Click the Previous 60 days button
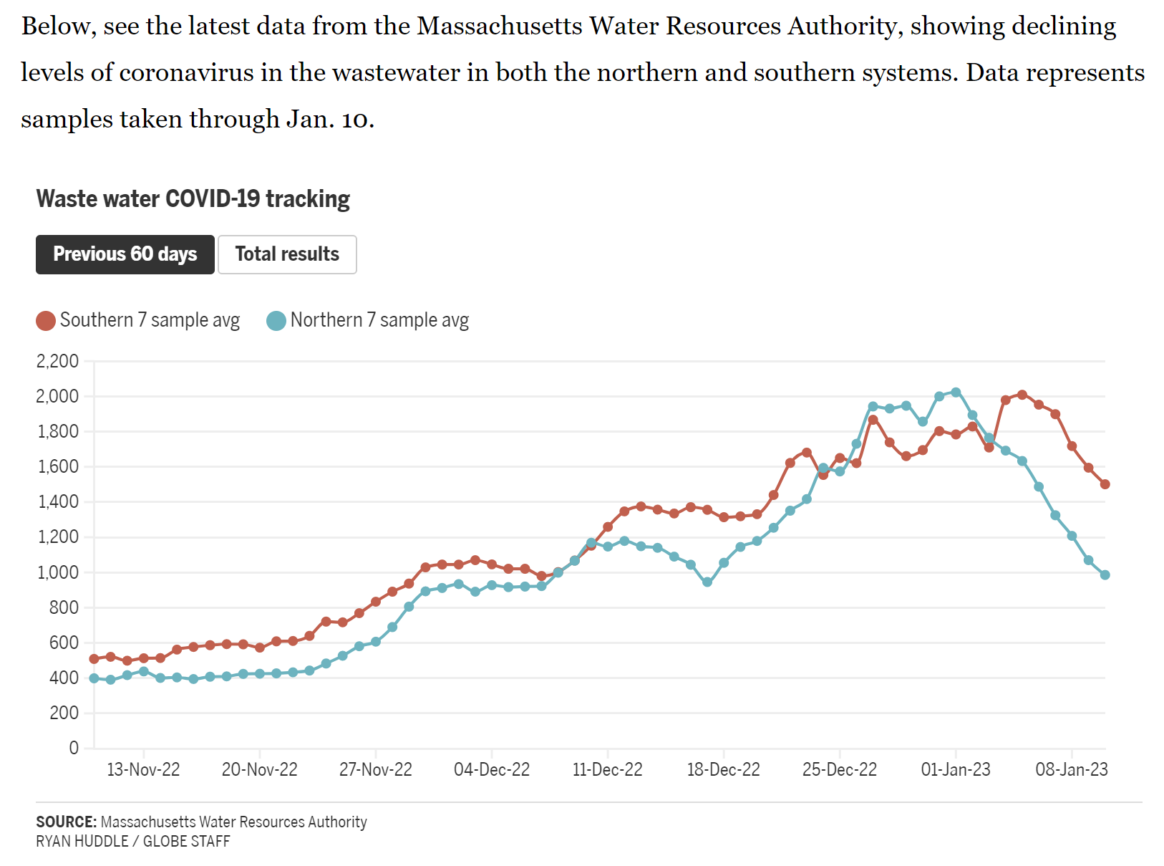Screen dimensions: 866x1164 (x=125, y=254)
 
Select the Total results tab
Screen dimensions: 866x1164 (x=287, y=254)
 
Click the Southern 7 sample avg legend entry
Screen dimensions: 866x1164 (x=138, y=320)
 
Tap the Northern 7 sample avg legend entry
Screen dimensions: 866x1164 (x=368, y=320)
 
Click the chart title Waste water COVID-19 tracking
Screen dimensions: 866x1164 (x=193, y=198)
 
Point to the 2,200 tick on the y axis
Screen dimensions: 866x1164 (x=57, y=361)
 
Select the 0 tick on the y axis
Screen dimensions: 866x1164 (x=74, y=748)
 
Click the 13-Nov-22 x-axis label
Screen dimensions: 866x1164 (x=143, y=769)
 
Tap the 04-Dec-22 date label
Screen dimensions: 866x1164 (x=492, y=769)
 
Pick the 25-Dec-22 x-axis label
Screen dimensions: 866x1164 (x=839, y=769)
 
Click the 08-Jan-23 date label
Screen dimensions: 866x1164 (x=1072, y=769)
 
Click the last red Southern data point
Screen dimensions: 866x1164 (x=1105, y=484)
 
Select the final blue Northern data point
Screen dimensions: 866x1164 (x=1105, y=574)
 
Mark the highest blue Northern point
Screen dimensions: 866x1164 (x=956, y=393)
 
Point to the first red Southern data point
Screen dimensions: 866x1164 (x=94, y=659)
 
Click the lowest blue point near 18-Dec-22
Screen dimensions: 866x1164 (x=707, y=582)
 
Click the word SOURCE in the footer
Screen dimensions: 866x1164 (x=66, y=822)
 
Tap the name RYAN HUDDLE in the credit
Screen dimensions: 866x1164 (x=82, y=841)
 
